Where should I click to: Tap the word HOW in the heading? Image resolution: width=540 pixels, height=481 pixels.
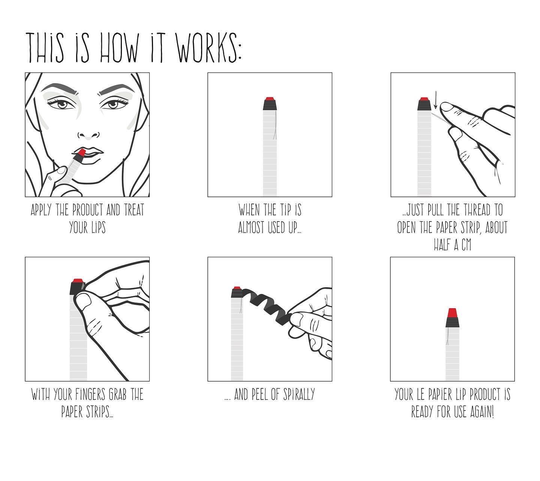pos(120,48)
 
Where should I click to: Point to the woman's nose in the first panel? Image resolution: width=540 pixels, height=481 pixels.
pos(89,134)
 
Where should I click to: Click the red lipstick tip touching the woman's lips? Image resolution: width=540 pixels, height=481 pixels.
pos(81,153)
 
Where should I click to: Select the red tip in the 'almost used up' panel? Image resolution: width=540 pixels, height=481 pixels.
pos(270,99)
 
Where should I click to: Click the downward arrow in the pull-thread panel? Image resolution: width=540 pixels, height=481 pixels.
pos(435,100)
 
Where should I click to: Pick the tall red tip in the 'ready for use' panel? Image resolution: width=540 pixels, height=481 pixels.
pos(452,313)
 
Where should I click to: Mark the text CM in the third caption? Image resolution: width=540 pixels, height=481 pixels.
pos(466,245)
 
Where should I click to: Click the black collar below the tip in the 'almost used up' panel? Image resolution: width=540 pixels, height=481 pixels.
pos(270,105)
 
